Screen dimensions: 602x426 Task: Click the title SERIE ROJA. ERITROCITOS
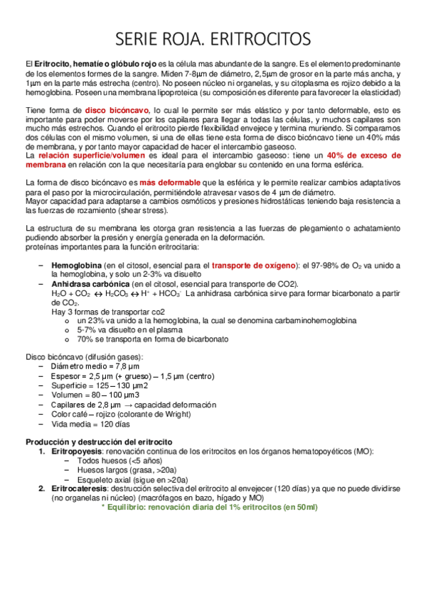tap(213, 36)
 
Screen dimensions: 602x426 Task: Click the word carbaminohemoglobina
tap(316, 321)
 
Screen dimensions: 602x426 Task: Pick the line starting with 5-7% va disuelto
tap(124, 330)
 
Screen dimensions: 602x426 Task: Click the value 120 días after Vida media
tap(115, 423)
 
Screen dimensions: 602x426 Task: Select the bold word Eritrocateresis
tap(80, 489)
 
